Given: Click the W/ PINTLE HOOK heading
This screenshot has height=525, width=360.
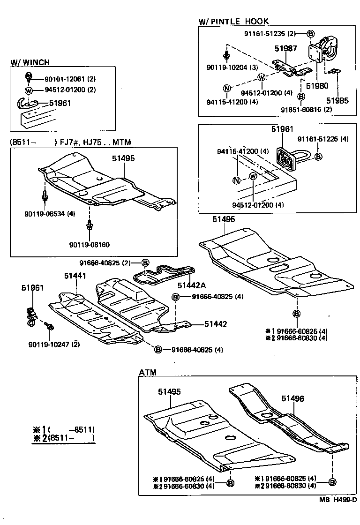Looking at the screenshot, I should click(233, 21).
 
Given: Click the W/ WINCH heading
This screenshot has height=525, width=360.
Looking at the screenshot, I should click(30, 62).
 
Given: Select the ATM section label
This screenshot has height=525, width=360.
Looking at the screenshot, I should click(148, 372).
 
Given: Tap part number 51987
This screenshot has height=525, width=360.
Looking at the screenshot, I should click(285, 48).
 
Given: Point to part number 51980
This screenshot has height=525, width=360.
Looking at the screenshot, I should click(317, 86).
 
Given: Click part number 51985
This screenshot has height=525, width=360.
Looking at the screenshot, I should click(337, 100).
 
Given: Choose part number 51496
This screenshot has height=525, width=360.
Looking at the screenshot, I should click(293, 399).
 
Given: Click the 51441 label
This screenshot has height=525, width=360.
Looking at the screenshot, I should click(75, 276).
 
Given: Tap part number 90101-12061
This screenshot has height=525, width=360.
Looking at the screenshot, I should click(64, 79).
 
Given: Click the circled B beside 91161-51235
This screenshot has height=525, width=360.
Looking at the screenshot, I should click(310, 33).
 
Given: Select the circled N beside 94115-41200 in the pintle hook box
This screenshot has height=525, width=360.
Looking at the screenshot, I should click(227, 89).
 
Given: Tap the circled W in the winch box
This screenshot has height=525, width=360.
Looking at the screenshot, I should click(29, 90).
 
